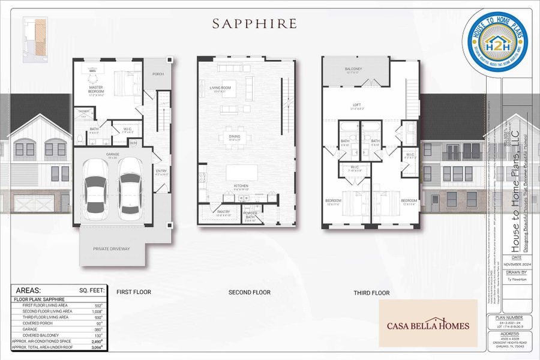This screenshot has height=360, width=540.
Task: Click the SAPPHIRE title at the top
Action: [254, 24]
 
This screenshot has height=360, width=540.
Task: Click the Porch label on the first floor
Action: [158, 74]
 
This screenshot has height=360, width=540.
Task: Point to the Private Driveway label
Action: [111, 248]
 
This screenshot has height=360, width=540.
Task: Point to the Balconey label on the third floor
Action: [353, 70]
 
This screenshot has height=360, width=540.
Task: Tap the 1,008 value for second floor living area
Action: [97, 312]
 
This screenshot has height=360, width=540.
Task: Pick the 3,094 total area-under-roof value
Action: [96, 347]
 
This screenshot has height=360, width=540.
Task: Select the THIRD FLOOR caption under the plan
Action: [371, 293]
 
